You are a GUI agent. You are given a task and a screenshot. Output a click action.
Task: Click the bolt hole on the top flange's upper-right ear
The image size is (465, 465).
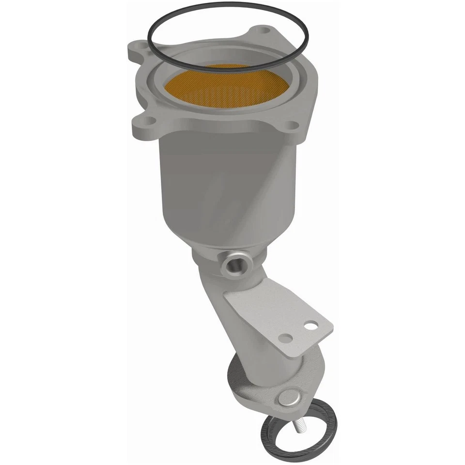pyautogui.click(x=264, y=31)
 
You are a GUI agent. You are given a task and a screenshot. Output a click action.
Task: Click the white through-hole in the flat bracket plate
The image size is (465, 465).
pyautogui.click(x=310, y=326)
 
